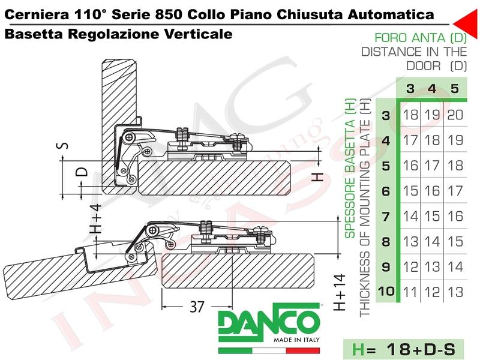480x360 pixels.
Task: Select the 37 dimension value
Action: pyautogui.click(x=197, y=307)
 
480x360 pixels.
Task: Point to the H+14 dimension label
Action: pyautogui.click(x=340, y=293)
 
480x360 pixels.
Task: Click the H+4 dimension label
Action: pyautogui.click(x=95, y=218)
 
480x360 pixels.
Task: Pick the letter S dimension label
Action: pyautogui.click(x=64, y=145)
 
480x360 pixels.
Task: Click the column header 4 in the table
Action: pyautogui.click(x=431, y=89)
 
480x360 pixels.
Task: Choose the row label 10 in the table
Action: pyautogui.click(x=386, y=291)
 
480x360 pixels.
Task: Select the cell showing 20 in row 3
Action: pyautogui.click(x=455, y=115)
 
